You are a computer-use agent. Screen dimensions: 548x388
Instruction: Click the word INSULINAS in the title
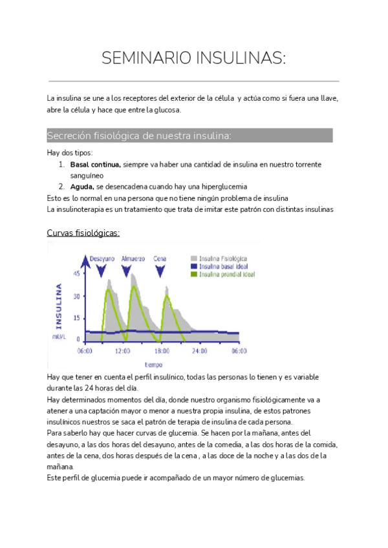pos(235,59)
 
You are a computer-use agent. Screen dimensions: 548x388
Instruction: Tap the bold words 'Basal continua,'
pos(95,165)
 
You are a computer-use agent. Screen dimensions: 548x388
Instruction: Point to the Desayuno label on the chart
pos(102,258)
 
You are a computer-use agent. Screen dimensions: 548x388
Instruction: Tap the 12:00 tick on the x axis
pos(123,352)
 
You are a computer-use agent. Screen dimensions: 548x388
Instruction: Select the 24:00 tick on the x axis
pos(200,352)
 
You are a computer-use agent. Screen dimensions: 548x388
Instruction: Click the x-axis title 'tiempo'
pos(153,364)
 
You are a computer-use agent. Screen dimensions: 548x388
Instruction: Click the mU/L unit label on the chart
pos(59,337)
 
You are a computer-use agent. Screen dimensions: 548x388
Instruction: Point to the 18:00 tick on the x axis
pos(162,352)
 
